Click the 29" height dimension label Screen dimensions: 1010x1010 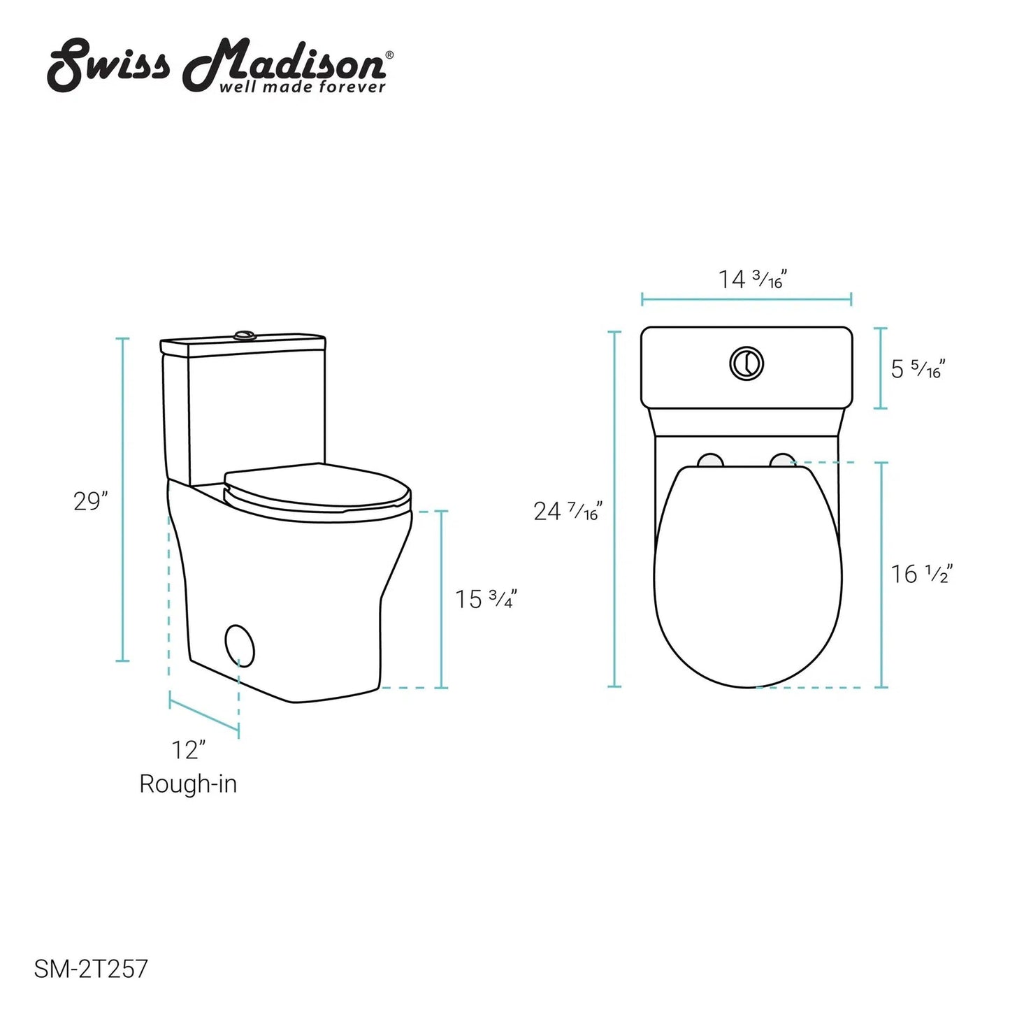click(90, 502)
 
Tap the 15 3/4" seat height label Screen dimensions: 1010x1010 click(486, 599)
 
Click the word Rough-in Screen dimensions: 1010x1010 click(188, 785)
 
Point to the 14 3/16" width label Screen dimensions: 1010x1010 click(752, 280)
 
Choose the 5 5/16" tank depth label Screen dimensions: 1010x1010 click(918, 369)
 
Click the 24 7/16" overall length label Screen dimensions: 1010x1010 click(568, 511)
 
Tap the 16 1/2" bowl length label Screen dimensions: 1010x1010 click(922, 574)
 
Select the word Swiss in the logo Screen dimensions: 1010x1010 click(108, 66)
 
